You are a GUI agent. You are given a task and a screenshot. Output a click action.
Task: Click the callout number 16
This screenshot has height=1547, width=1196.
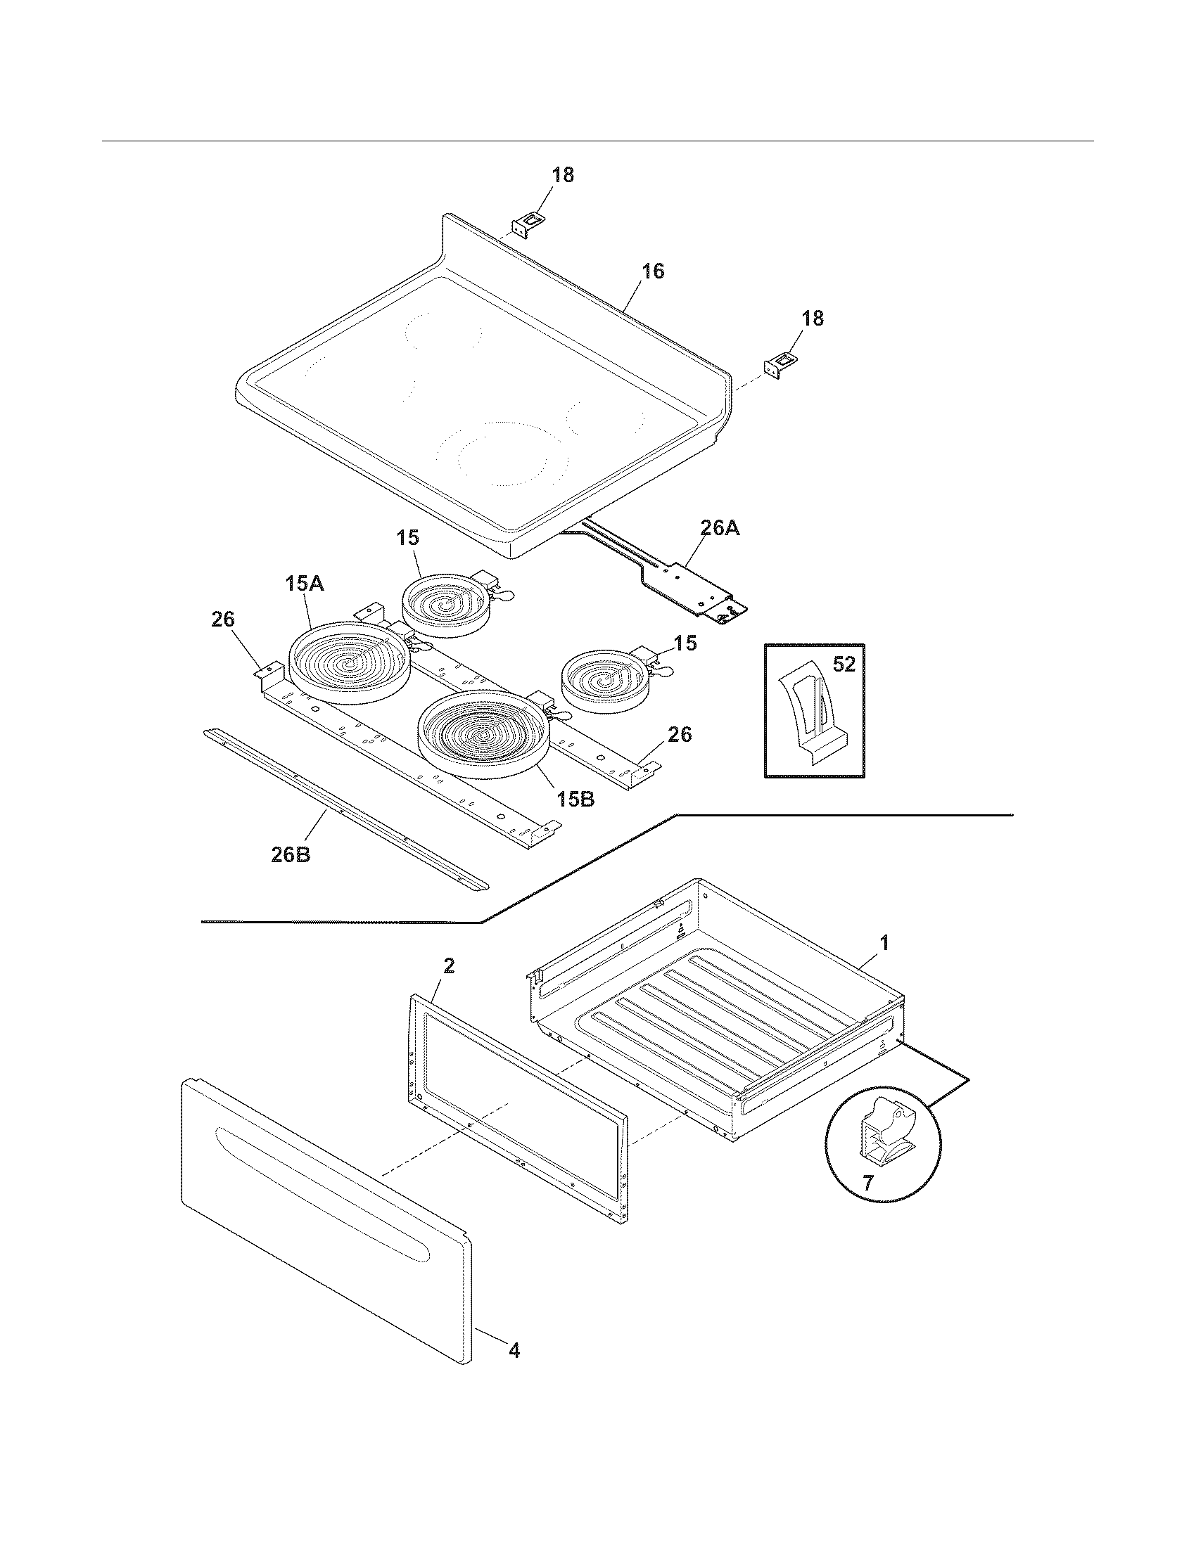click(x=654, y=271)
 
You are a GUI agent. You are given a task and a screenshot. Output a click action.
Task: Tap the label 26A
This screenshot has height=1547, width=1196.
click(x=720, y=528)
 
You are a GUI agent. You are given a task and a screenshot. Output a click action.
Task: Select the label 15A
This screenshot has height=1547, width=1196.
click(x=305, y=584)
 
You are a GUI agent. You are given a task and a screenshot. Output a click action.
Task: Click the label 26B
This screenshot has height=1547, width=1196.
click(x=291, y=854)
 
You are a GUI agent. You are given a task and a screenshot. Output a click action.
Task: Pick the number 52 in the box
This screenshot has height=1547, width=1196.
click(x=844, y=665)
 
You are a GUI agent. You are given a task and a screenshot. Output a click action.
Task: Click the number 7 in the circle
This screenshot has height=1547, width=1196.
click(x=868, y=1181)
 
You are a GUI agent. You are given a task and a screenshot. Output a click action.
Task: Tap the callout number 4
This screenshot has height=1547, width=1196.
click(x=514, y=1351)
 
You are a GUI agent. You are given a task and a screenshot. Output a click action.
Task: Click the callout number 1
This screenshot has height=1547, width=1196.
click(x=883, y=943)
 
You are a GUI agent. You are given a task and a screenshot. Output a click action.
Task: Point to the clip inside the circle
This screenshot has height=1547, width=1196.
click(x=882, y=1134)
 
